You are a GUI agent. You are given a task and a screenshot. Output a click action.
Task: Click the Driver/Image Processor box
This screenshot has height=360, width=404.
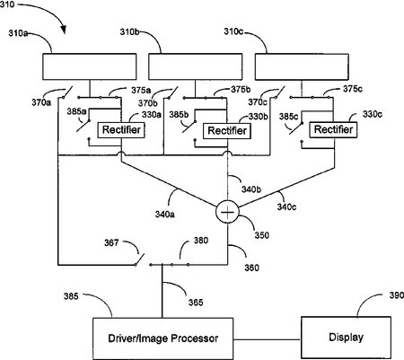[162, 338]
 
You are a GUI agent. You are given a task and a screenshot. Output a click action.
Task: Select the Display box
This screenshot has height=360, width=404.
[346, 338]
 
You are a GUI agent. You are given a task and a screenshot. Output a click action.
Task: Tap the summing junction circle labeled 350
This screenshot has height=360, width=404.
[227, 212]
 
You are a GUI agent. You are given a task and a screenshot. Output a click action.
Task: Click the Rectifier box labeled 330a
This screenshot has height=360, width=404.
[121, 130]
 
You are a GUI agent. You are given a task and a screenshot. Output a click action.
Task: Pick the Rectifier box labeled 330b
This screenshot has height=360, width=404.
[227, 131]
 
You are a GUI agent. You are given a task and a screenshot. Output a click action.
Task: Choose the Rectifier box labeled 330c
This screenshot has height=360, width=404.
[333, 129]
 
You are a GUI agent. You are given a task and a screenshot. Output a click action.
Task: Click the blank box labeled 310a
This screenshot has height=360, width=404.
[90, 66]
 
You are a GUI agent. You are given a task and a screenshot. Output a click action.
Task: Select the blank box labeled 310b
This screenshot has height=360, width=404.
[196, 66]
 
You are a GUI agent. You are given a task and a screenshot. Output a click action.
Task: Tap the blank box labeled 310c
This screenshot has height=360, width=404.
[302, 66]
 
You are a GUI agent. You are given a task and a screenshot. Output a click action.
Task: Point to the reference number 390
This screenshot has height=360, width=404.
[397, 295]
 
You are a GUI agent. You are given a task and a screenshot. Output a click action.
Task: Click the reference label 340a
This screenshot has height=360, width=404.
[165, 215]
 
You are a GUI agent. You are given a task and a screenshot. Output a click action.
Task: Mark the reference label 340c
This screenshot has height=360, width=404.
[286, 206]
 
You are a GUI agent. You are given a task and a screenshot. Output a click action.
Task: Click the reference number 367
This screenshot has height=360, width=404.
[111, 242]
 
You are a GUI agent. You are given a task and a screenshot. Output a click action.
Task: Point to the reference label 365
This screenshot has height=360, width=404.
[196, 303]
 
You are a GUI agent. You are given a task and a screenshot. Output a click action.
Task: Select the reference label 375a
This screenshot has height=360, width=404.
[141, 90]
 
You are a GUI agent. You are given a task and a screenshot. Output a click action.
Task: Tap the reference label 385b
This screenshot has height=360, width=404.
[179, 115]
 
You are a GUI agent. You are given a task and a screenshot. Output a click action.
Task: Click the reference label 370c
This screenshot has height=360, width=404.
[258, 102]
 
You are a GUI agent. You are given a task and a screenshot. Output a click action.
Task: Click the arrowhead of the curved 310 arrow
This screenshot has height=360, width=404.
[63, 30]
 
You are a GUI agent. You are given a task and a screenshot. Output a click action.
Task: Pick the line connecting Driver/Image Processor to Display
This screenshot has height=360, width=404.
[267, 339]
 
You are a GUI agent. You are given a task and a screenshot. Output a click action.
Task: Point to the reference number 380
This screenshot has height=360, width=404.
[201, 241]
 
